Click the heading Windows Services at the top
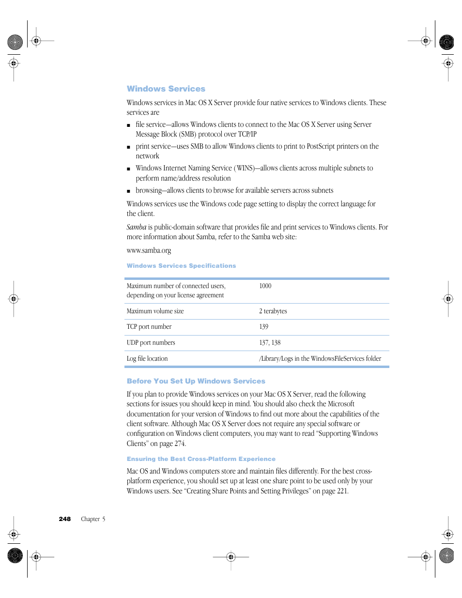(x=166, y=89)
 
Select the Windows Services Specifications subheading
(x=181, y=266)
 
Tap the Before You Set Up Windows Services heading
(x=196, y=381)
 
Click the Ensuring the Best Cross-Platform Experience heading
(x=201, y=459)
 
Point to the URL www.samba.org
(x=149, y=250)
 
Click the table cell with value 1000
(x=265, y=286)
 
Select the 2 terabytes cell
(x=273, y=311)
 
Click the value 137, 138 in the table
(x=270, y=343)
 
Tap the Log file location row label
(x=147, y=359)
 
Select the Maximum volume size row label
(x=155, y=311)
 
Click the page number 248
(x=64, y=519)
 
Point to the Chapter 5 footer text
(x=93, y=519)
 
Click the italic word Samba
(x=136, y=227)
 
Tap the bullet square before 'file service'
(x=128, y=125)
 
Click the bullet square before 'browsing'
(x=128, y=191)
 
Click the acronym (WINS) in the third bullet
(x=245, y=168)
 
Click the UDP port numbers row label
(x=151, y=343)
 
